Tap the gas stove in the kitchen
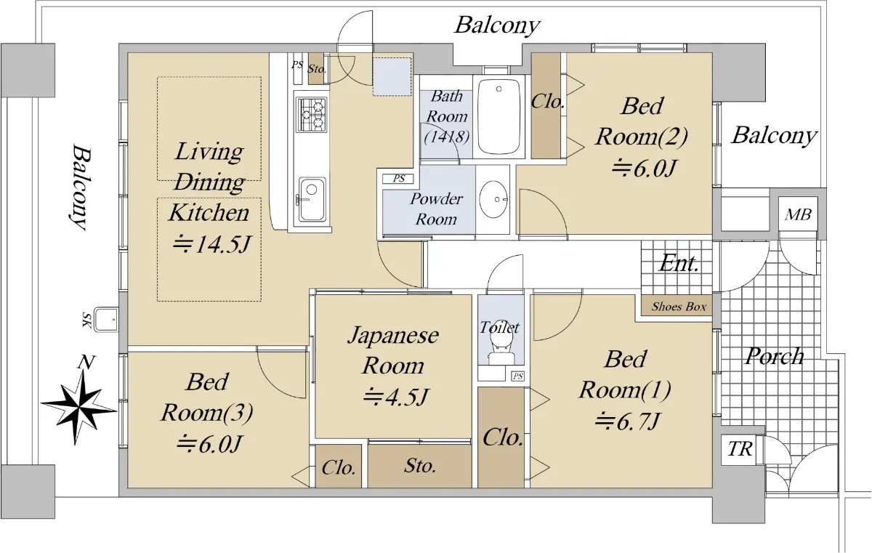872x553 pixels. click(312, 115)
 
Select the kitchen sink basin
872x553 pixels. click(312, 200)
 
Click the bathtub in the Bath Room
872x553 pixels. click(498, 116)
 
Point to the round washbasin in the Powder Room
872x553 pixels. click(493, 198)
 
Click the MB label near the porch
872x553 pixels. click(798, 214)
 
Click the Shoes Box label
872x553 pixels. click(679, 307)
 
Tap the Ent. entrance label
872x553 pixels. click(679, 264)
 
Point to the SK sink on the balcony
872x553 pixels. click(106, 320)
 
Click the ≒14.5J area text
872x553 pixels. click(211, 244)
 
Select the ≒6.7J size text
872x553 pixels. click(627, 421)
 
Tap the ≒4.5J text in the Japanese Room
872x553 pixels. click(395, 397)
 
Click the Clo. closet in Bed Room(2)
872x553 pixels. click(546, 105)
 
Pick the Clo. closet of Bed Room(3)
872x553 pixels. click(339, 467)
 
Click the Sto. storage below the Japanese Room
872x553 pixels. click(420, 467)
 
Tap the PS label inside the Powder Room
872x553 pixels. click(399, 179)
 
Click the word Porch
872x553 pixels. click(775, 355)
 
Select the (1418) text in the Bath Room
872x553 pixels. click(447, 137)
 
